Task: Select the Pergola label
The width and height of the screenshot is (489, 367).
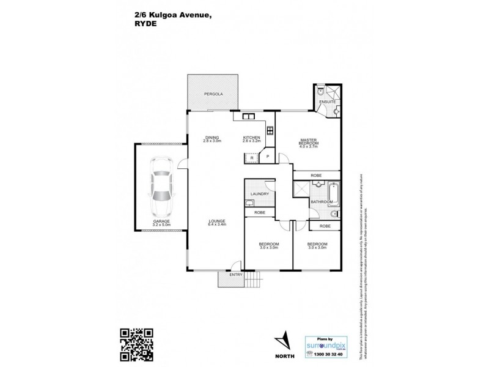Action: pyautogui.click(x=213, y=94)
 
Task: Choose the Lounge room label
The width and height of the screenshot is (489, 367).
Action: pyautogui.click(x=216, y=223)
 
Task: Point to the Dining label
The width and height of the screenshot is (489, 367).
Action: pyautogui.click(x=211, y=138)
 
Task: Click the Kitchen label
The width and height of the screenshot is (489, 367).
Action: pyautogui.click(x=252, y=138)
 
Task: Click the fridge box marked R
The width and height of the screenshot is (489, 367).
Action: pyautogui.click(x=252, y=158)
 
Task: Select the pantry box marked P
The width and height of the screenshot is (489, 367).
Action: pyautogui.click(x=267, y=157)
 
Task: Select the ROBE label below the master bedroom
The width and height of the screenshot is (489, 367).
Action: pyautogui.click(x=316, y=175)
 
